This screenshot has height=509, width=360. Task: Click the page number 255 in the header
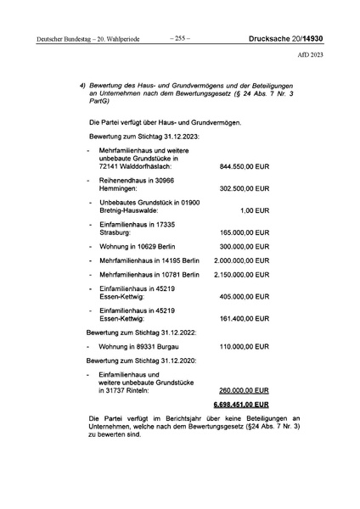point(180,37)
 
